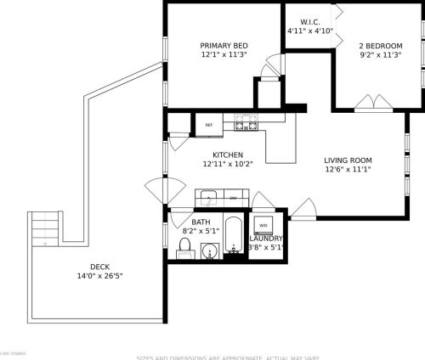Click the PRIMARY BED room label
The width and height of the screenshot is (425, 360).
[224, 46]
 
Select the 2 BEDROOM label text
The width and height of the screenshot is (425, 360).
[380, 46]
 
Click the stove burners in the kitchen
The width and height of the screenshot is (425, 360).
[246, 124]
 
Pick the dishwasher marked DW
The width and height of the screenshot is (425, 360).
[234, 196]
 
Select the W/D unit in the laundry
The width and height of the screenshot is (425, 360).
[263, 225]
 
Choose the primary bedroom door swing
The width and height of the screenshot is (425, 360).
[271, 66]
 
